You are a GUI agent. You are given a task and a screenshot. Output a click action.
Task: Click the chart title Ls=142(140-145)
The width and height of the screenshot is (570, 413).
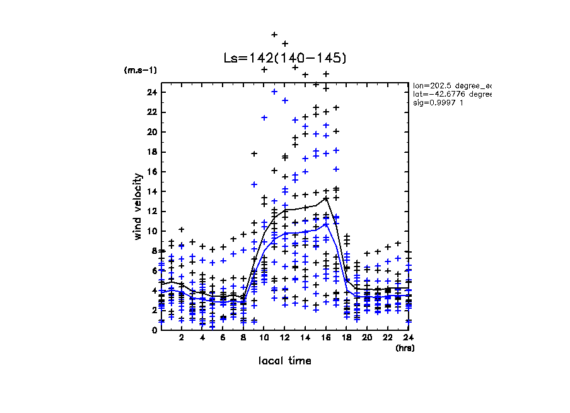click(285, 58)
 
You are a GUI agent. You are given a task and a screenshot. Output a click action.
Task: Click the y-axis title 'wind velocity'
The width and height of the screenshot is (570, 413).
click(138, 206)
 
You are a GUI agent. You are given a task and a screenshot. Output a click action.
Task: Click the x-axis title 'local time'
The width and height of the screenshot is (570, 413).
click(284, 361)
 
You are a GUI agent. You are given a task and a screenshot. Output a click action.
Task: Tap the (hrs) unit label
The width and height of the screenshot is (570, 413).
click(404, 347)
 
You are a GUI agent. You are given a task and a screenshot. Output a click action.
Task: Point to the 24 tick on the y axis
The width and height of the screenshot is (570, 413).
click(151, 92)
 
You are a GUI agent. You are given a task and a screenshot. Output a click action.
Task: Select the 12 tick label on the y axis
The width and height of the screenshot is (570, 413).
click(151, 212)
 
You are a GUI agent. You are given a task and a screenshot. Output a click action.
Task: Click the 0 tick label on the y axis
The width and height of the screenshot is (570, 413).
click(154, 330)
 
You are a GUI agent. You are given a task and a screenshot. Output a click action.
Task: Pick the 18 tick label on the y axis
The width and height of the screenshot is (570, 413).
click(151, 152)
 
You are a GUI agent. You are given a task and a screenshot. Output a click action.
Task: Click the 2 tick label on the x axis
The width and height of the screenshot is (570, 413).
click(182, 338)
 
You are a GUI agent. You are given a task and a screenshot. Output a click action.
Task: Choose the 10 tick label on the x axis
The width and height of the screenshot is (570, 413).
click(264, 338)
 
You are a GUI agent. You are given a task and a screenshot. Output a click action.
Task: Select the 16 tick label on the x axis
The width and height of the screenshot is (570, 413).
click(326, 338)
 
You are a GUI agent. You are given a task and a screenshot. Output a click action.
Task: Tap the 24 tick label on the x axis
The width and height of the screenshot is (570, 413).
click(409, 338)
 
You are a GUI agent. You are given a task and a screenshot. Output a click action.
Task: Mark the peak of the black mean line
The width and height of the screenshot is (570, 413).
click(326, 198)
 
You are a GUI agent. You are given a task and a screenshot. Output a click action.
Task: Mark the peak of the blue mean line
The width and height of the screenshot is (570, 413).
click(326, 224)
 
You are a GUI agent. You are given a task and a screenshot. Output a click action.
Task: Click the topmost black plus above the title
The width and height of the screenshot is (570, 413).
click(274, 34)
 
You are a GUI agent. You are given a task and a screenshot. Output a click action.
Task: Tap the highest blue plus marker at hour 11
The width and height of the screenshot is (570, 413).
click(264, 117)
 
